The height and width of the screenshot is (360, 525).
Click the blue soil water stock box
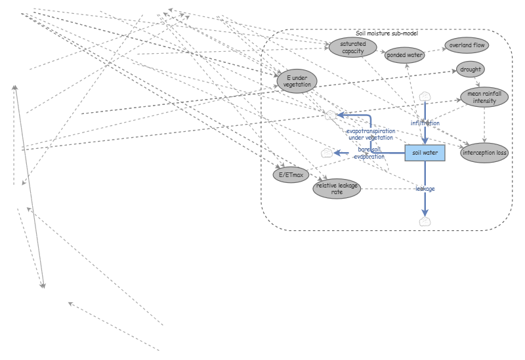(x=425, y=153)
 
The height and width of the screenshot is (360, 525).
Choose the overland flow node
(x=467, y=45)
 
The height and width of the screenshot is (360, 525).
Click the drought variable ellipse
(x=471, y=70)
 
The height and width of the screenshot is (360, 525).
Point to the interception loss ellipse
(x=484, y=153)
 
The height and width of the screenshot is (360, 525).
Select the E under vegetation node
(x=297, y=81)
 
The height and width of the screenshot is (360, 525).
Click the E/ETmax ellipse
(x=291, y=175)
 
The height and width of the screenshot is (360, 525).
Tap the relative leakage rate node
(x=337, y=189)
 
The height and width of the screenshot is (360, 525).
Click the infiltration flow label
(x=425, y=123)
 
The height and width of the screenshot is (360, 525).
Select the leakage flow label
(x=425, y=189)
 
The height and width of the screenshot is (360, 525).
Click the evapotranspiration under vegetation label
(x=371, y=134)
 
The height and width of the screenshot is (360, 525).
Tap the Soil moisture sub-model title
(x=387, y=33)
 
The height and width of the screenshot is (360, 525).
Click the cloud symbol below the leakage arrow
(x=425, y=222)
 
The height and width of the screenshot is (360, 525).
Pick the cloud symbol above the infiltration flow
(x=425, y=96)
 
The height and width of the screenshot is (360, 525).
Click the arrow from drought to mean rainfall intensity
(x=477, y=81)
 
